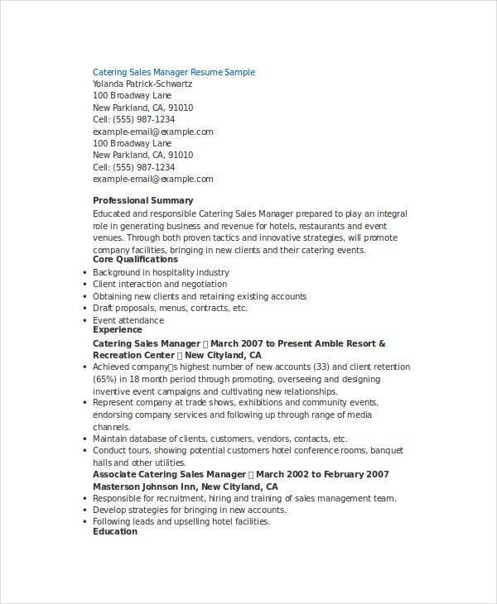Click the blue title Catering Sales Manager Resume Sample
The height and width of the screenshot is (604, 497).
coord(174,72)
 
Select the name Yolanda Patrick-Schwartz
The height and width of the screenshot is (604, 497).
coord(142,84)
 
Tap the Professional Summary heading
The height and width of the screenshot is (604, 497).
coord(142,200)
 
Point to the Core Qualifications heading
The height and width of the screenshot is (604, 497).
coord(135,259)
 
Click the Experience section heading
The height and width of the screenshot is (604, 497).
coord(117,329)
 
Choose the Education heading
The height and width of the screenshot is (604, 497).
coord(115,531)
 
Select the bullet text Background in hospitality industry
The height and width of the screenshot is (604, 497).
coord(161,272)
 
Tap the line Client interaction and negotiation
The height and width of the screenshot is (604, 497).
coord(160,284)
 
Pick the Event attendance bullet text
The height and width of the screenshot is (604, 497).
coord(128,320)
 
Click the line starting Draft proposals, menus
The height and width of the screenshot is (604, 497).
coord(170,308)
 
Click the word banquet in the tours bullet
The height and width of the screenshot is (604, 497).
coord(387,451)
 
